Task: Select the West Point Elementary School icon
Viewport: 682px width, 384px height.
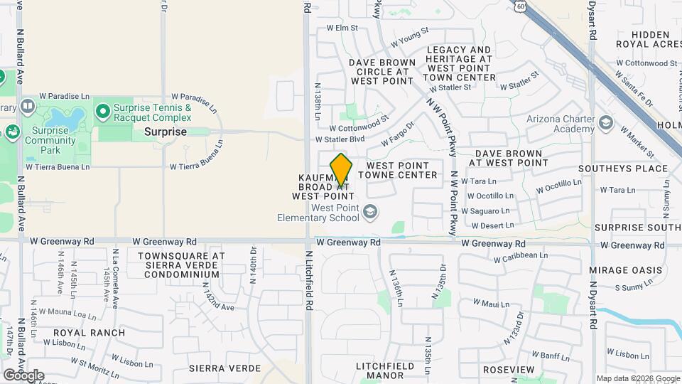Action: coord(369,211)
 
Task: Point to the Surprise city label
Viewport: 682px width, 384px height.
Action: coord(166,132)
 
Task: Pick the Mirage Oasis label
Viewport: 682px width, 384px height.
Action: coord(619,270)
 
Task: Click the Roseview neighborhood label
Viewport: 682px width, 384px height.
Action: coord(508,370)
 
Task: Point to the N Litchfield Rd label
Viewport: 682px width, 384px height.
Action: coord(309,280)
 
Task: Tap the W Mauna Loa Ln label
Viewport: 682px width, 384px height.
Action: coord(67,314)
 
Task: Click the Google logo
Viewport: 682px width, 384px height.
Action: coord(23,375)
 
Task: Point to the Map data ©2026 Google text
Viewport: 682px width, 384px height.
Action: coord(637,378)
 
